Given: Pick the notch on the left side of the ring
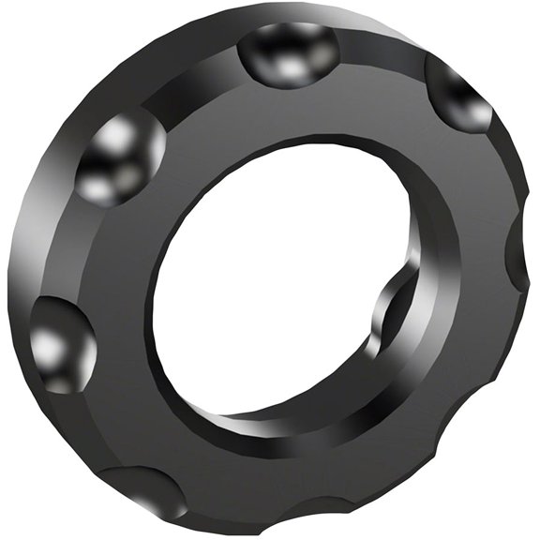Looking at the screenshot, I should pos(61,342).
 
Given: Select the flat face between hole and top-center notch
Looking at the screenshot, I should pos(291,112).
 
